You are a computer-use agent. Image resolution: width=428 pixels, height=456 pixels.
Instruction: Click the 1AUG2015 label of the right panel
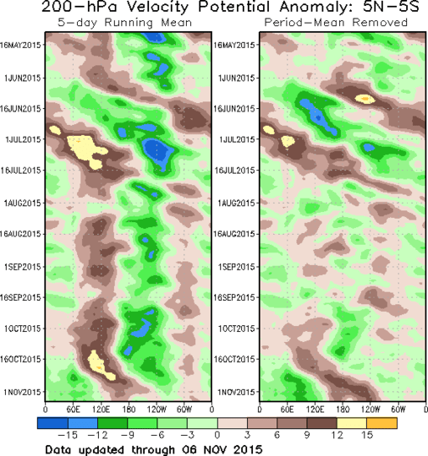point(235,203)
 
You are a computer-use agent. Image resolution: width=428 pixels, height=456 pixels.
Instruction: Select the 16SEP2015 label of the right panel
point(233,298)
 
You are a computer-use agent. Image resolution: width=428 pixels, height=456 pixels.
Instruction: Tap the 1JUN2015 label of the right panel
point(235,78)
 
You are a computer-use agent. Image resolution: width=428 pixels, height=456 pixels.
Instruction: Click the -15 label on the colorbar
point(73,434)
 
